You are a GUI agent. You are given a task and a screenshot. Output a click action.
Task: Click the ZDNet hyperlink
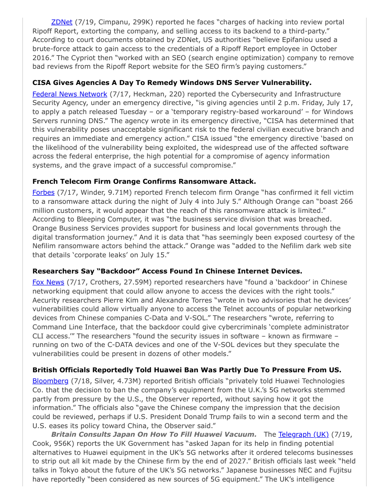click(x=61, y=22)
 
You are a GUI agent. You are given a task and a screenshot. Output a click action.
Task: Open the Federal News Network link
click(x=70, y=94)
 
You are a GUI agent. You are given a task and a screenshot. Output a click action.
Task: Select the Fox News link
click(x=48, y=282)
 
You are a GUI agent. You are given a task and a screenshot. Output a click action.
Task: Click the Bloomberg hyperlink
click(x=51, y=380)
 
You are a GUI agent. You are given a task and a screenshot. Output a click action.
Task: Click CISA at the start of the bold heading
click(x=42, y=83)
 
